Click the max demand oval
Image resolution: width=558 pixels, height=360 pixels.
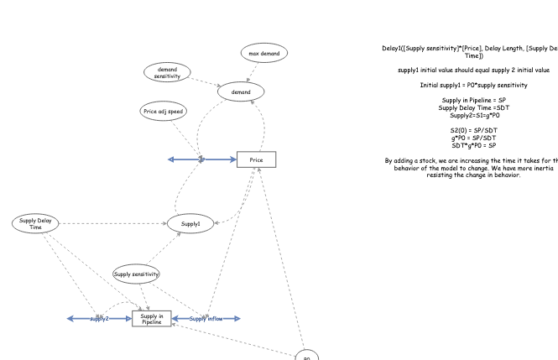click(x=265, y=54)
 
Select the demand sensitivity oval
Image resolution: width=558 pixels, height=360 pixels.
click(x=167, y=72)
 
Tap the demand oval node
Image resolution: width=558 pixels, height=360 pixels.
click(x=241, y=91)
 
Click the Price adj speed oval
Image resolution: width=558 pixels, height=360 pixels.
click(x=164, y=111)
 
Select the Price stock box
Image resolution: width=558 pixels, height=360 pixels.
click(x=256, y=159)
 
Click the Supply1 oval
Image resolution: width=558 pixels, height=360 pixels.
click(x=190, y=223)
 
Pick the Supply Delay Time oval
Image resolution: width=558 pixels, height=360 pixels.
click(x=35, y=223)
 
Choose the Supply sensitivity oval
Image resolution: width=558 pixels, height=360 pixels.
click(x=136, y=274)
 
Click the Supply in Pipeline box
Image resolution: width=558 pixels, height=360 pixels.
click(x=152, y=319)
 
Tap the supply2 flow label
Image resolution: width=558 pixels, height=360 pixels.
click(x=99, y=319)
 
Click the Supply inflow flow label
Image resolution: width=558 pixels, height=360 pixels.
click(x=206, y=319)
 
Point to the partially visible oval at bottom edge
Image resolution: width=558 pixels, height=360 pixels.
click(x=307, y=355)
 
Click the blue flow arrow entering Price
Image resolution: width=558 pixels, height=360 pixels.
click(x=218, y=159)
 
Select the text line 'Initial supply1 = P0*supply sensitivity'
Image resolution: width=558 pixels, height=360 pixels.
click(x=473, y=85)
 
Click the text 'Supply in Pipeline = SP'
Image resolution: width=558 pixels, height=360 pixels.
click(x=473, y=101)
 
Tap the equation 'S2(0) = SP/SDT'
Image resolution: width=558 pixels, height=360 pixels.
click(x=473, y=130)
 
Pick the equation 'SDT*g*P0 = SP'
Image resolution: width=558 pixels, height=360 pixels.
click(x=473, y=145)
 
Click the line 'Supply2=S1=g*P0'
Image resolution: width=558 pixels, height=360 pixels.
click(x=473, y=115)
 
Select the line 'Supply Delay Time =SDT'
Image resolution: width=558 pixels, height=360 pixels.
click(x=473, y=107)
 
